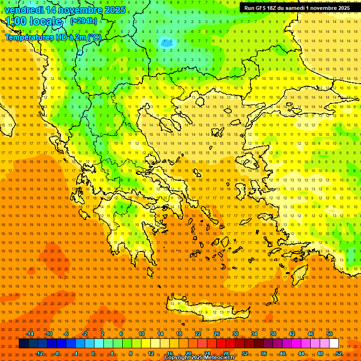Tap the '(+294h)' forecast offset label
click(84, 21)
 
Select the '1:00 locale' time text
click(34, 21)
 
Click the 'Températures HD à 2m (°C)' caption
click(53, 37)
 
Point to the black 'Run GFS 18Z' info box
click(297, 8)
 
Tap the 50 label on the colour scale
click(330, 334)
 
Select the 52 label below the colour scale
click(339, 353)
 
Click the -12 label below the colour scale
click(39, 353)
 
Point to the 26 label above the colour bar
click(217, 334)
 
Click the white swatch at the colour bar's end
click(334, 344)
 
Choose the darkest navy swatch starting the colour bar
click(24, 344)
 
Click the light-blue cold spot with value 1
click(166, 43)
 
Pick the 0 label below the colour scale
click(93, 353)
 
